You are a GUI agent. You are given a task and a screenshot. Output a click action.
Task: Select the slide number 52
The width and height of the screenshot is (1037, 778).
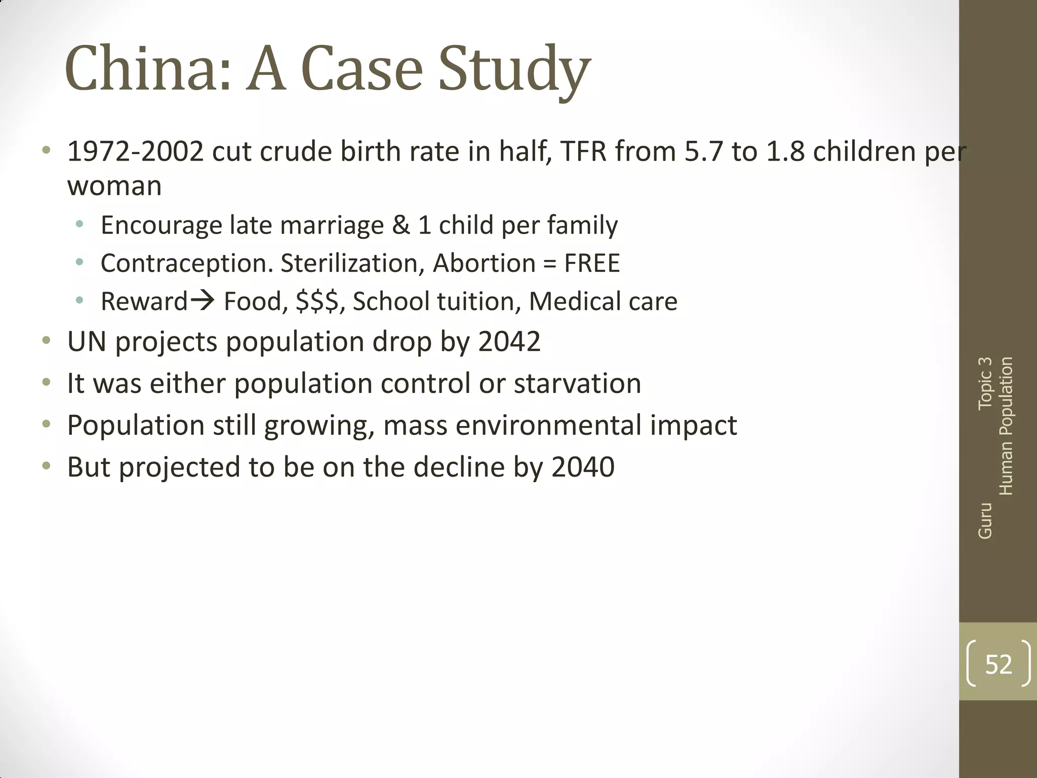click(999, 664)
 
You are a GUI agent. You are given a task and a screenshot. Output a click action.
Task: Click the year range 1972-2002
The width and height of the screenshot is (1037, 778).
click(135, 151)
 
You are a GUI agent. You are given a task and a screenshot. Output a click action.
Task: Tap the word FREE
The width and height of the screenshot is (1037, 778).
click(592, 263)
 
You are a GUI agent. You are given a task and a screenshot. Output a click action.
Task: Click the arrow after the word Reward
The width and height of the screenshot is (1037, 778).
click(203, 301)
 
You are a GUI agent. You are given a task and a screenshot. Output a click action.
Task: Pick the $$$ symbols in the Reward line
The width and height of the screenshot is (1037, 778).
click(317, 301)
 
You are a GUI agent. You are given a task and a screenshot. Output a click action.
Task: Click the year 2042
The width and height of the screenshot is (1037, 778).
click(509, 341)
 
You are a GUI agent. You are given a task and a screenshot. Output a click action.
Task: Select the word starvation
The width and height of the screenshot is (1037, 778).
click(577, 383)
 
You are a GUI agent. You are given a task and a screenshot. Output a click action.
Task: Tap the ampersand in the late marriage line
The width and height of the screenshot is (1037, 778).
click(401, 225)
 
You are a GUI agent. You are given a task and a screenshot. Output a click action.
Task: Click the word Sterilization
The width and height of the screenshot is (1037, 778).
click(352, 263)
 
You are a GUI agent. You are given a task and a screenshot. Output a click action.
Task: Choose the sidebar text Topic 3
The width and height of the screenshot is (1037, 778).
click(985, 383)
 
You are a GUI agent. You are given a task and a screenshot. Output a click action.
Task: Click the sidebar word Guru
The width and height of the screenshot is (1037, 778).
click(985, 521)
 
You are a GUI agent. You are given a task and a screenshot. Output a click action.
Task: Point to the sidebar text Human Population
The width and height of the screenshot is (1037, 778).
click(1006, 426)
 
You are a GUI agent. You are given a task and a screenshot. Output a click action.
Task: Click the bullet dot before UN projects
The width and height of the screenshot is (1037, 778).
click(47, 340)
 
